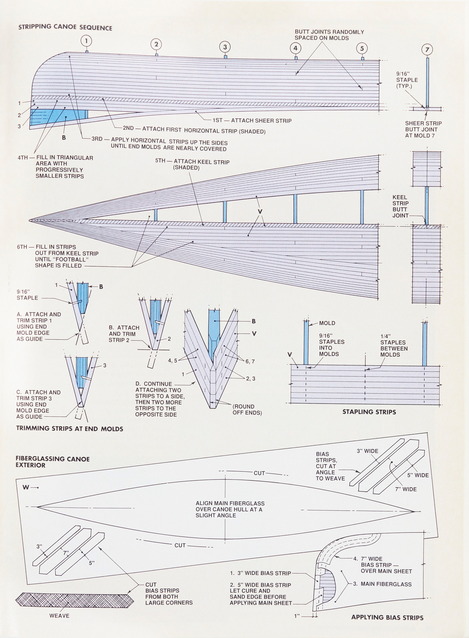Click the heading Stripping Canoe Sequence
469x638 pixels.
point(65,28)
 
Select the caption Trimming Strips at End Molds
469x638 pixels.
point(70,429)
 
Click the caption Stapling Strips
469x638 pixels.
point(369,412)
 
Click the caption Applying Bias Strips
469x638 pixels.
point(387,618)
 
